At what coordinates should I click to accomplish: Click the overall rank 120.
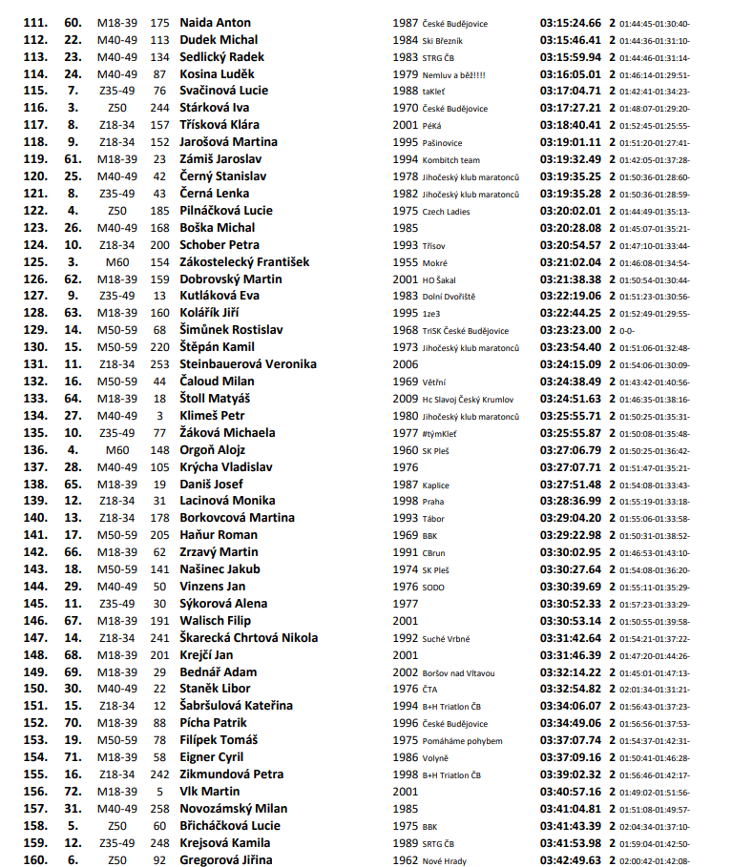(x=35, y=175)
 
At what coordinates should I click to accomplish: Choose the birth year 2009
(x=406, y=398)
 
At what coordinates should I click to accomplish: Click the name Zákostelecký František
(x=244, y=261)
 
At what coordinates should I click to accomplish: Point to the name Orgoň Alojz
(x=213, y=449)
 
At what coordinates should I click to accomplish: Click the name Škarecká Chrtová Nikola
(x=249, y=637)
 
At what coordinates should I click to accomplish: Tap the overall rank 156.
(x=35, y=791)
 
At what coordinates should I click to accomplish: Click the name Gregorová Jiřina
(x=226, y=859)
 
